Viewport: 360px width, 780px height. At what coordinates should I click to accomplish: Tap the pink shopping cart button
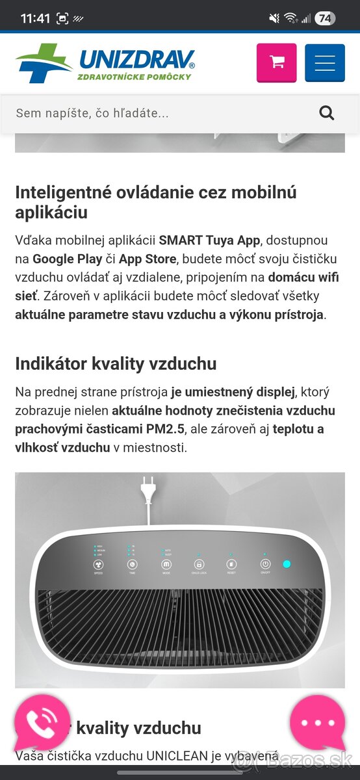(x=277, y=62)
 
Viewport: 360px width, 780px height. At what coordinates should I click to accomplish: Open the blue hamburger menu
(x=325, y=62)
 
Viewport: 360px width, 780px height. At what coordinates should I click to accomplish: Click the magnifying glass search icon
(x=326, y=113)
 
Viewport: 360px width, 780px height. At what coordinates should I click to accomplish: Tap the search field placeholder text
(x=92, y=113)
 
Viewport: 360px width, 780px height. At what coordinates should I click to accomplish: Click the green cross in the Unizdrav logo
(x=44, y=63)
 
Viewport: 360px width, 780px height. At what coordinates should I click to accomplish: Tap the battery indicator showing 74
(x=325, y=18)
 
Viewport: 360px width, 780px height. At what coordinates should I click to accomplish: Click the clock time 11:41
(x=35, y=18)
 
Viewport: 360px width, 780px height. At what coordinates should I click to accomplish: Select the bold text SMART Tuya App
(x=209, y=240)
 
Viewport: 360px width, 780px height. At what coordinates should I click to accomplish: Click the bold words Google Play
(x=68, y=259)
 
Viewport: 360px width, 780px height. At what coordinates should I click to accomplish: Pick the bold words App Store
(x=148, y=259)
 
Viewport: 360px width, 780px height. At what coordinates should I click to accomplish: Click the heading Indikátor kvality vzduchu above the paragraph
(x=116, y=363)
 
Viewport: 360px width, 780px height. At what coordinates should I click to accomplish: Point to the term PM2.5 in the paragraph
(x=166, y=429)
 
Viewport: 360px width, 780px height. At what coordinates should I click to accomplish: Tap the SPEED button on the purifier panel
(x=99, y=565)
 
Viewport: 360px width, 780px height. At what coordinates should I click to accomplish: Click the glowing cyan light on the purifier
(x=287, y=564)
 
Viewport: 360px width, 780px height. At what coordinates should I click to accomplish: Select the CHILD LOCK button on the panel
(x=199, y=565)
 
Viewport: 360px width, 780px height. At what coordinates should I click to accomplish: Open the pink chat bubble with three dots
(x=318, y=723)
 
